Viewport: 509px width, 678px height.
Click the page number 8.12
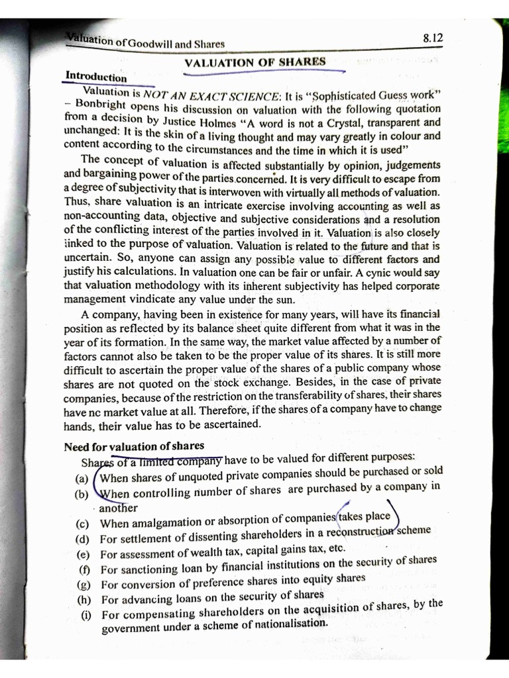click(431, 39)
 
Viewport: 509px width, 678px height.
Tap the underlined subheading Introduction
click(95, 76)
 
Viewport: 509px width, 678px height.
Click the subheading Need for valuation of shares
click(134, 446)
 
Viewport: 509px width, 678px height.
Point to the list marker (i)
click(85, 614)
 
